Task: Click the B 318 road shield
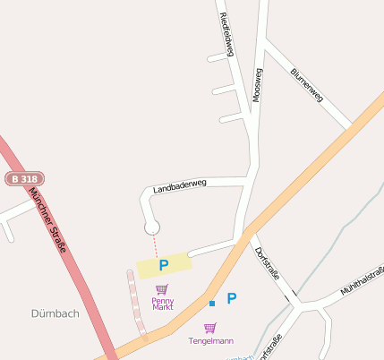coord(23,179)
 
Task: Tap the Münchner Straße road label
coord(49,219)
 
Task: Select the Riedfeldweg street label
coord(226,35)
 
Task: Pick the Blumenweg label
coord(307,86)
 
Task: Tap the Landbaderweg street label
coord(179,186)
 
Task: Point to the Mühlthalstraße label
coord(363,281)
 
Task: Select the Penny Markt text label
coord(162,304)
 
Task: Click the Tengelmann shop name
coord(210,341)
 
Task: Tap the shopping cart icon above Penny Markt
coord(161,289)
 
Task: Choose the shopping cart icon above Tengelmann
coord(210,328)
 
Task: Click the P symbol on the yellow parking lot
coord(164,265)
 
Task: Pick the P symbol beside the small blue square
coord(231,299)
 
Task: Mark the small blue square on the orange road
coord(212,304)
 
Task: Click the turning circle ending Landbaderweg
coord(152,228)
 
